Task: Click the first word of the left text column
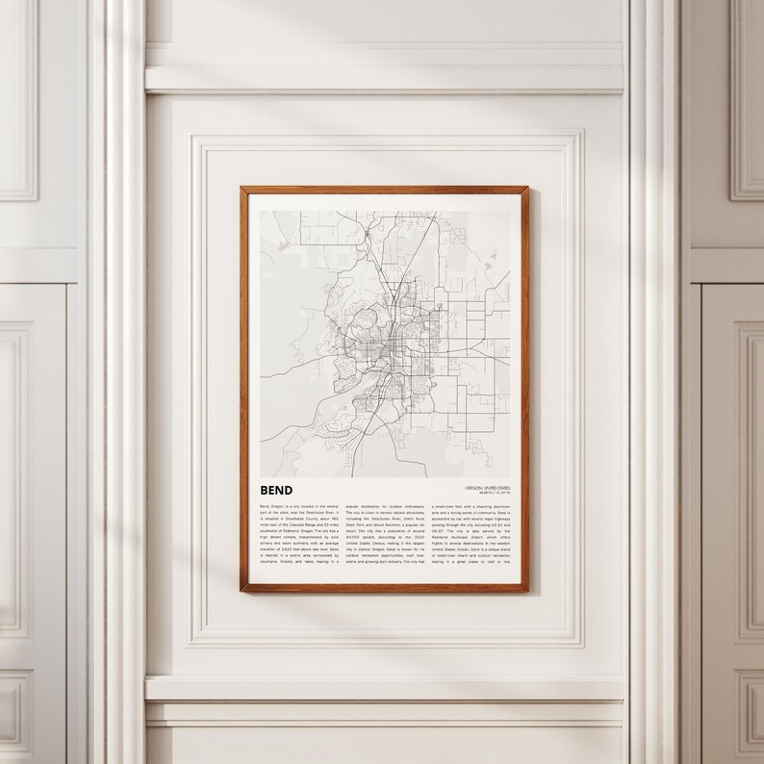pyautogui.click(x=265, y=503)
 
